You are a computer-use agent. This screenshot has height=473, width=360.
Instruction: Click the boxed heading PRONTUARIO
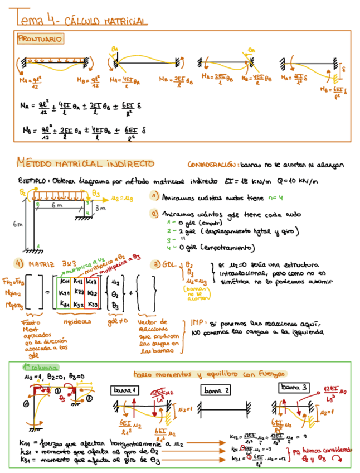[x=40, y=38]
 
